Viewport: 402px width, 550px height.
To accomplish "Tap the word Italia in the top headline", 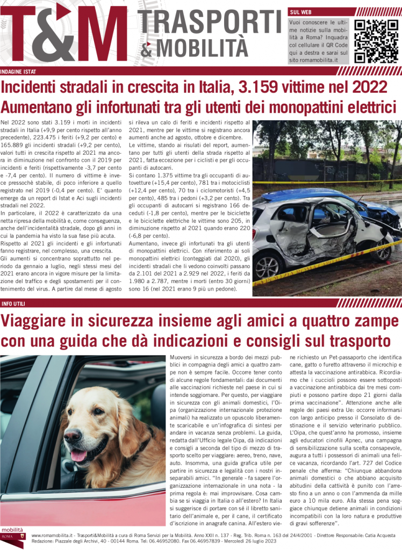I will pos(219,86).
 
